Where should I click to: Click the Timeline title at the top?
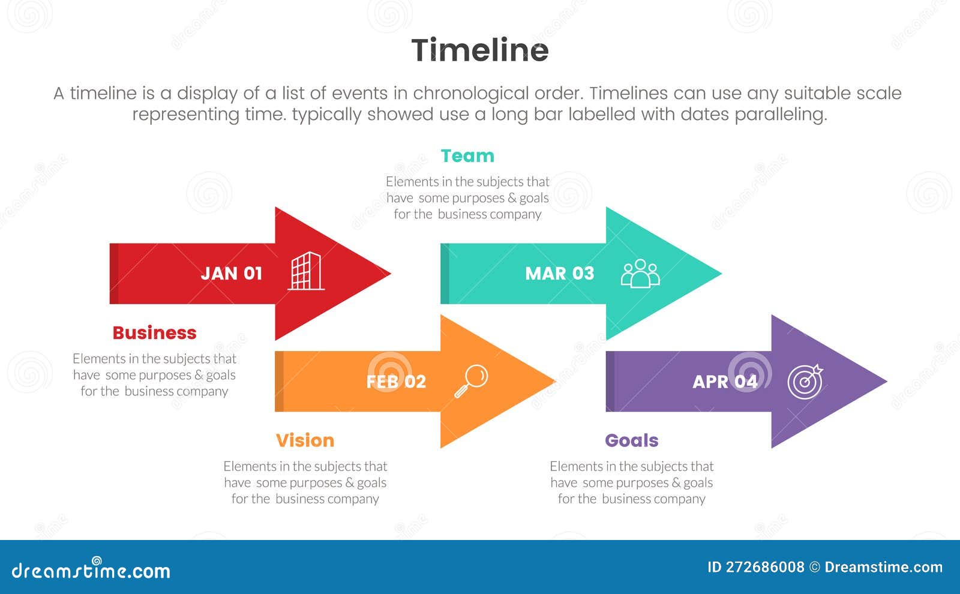pyautogui.click(x=479, y=50)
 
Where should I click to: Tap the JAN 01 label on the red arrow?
pyautogui.click(x=232, y=274)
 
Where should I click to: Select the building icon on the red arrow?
pyautogui.click(x=306, y=271)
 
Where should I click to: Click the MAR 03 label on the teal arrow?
pyautogui.click(x=559, y=274)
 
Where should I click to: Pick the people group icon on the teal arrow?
pyautogui.click(x=640, y=274)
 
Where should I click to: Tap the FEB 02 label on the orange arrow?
pyautogui.click(x=396, y=382)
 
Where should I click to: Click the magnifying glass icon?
pyautogui.click(x=471, y=380)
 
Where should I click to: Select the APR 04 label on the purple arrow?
pyautogui.click(x=725, y=382)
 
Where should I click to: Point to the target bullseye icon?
pyautogui.click(x=805, y=382)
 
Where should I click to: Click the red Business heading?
pyautogui.click(x=154, y=333)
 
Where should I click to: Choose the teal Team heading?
pyautogui.click(x=467, y=156)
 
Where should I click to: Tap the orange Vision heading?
pyautogui.click(x=305, y=440)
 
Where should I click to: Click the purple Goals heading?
pyautogui.click(x=631, y=440)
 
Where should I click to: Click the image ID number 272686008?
pyautogui.click(x=764, y=567)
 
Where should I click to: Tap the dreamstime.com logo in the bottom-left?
pyautogui.click(x=91, y=570)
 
